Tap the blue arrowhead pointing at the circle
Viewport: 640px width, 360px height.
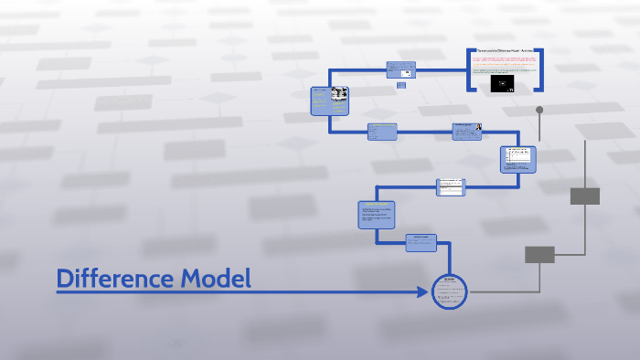(422, 292)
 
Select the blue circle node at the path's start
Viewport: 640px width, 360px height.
(449, 291)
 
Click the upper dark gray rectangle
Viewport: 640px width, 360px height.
(584, 196)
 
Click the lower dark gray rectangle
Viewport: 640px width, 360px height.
(539, 254)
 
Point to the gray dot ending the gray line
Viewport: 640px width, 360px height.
(539, 111)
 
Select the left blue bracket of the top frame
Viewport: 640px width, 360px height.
(470, 69)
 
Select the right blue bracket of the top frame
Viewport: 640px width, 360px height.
(541, 69)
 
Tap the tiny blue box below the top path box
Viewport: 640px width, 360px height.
(400, 86)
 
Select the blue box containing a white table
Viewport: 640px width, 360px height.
(517, 159)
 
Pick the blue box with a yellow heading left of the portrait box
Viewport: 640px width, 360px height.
(382, 132)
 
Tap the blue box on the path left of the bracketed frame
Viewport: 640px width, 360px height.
(400, 69)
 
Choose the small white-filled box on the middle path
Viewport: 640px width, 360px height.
(451, 185)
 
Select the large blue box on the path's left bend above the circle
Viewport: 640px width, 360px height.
(377, 216)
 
